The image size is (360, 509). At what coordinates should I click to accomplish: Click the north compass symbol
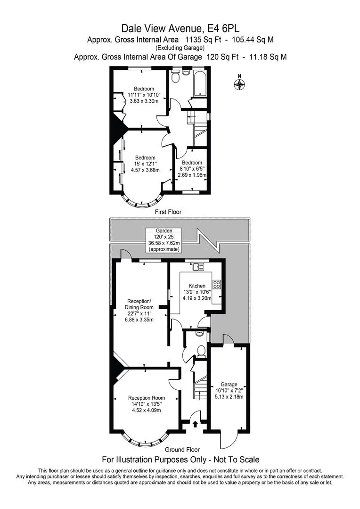pos(240,84)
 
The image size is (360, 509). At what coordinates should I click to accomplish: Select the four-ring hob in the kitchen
pos(217,284)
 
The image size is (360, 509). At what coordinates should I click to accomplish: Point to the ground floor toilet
pos(201,350)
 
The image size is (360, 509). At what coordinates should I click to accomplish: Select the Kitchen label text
pos(197,286)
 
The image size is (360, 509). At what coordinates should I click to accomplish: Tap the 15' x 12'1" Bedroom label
pos(145,164)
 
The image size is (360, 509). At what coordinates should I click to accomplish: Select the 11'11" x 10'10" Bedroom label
pos(144,95)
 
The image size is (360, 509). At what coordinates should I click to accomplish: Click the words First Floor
pos(168,212)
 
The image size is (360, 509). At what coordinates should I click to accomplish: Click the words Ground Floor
pos(182,450)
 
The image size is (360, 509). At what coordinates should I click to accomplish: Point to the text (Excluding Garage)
pos(180,48)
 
